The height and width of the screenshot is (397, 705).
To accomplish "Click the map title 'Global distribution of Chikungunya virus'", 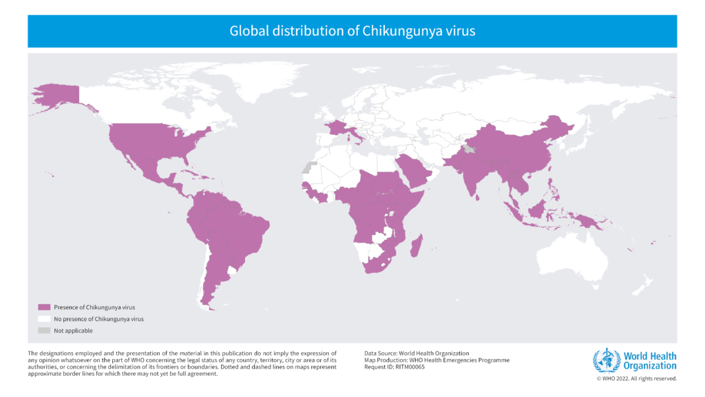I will pyautogui.click(x=352, y=31).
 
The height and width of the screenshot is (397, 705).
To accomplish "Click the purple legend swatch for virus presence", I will pyautogui.click(x=44, y=307).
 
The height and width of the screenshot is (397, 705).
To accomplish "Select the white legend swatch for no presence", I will pyautogui.click(x=44, y=319).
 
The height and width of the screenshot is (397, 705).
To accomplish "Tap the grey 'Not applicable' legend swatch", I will pyautogui.click(x=44, y=331).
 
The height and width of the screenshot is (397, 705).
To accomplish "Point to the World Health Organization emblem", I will pyautogui.click(x=607, y=360).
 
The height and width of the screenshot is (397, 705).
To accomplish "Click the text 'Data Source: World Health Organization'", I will pyautogui.click(x=417, y=353).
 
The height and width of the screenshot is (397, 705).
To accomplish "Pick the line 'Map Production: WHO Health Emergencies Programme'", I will pyautogui.click(x=437, y=360).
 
